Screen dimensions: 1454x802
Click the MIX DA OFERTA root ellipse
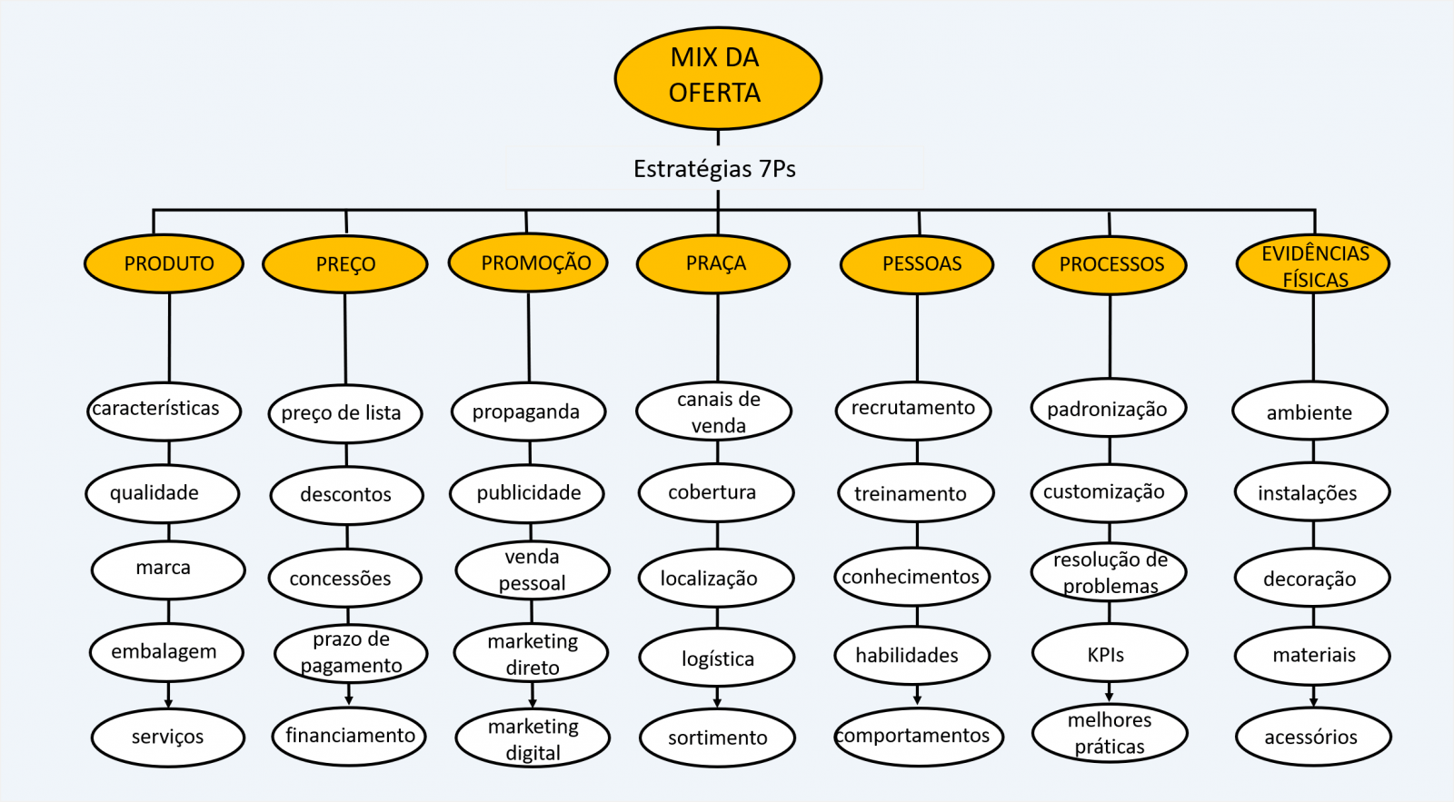click(718, 78)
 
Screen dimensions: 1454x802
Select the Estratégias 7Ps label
click(714, 169)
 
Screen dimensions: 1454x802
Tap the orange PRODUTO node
click(164, 263)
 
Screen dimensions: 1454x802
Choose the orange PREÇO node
click(345, 264)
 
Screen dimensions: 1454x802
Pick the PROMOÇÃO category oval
click(528, 262)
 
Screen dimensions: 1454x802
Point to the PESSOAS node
click(917, 264)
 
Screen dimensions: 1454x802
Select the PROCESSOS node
click(1110, 265)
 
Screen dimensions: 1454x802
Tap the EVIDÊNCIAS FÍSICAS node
click(1313, 263)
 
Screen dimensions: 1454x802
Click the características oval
click(164, 411)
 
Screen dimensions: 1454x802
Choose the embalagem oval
click(167, 652)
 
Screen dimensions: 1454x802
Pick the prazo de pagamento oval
click(351, 653)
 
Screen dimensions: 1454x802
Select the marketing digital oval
click(533, 738)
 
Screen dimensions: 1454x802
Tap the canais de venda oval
click(714, 411)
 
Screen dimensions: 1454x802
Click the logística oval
click(717, 658)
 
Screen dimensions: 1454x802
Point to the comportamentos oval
click(919, 737)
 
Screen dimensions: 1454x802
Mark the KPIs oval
click(1110, 653)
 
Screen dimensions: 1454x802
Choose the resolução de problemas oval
click(1109, 572)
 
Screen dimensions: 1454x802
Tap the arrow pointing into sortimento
click(717, 698)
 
